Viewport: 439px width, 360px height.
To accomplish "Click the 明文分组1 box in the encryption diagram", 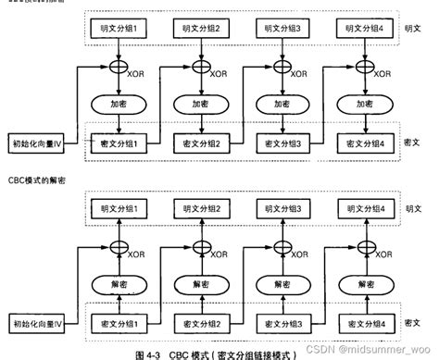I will [119, 29].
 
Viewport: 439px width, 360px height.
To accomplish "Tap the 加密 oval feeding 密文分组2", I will [199, 105].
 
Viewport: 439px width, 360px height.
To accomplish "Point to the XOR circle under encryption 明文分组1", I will [119, 68].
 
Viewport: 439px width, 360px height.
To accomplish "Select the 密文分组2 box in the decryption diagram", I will [199, 326].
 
